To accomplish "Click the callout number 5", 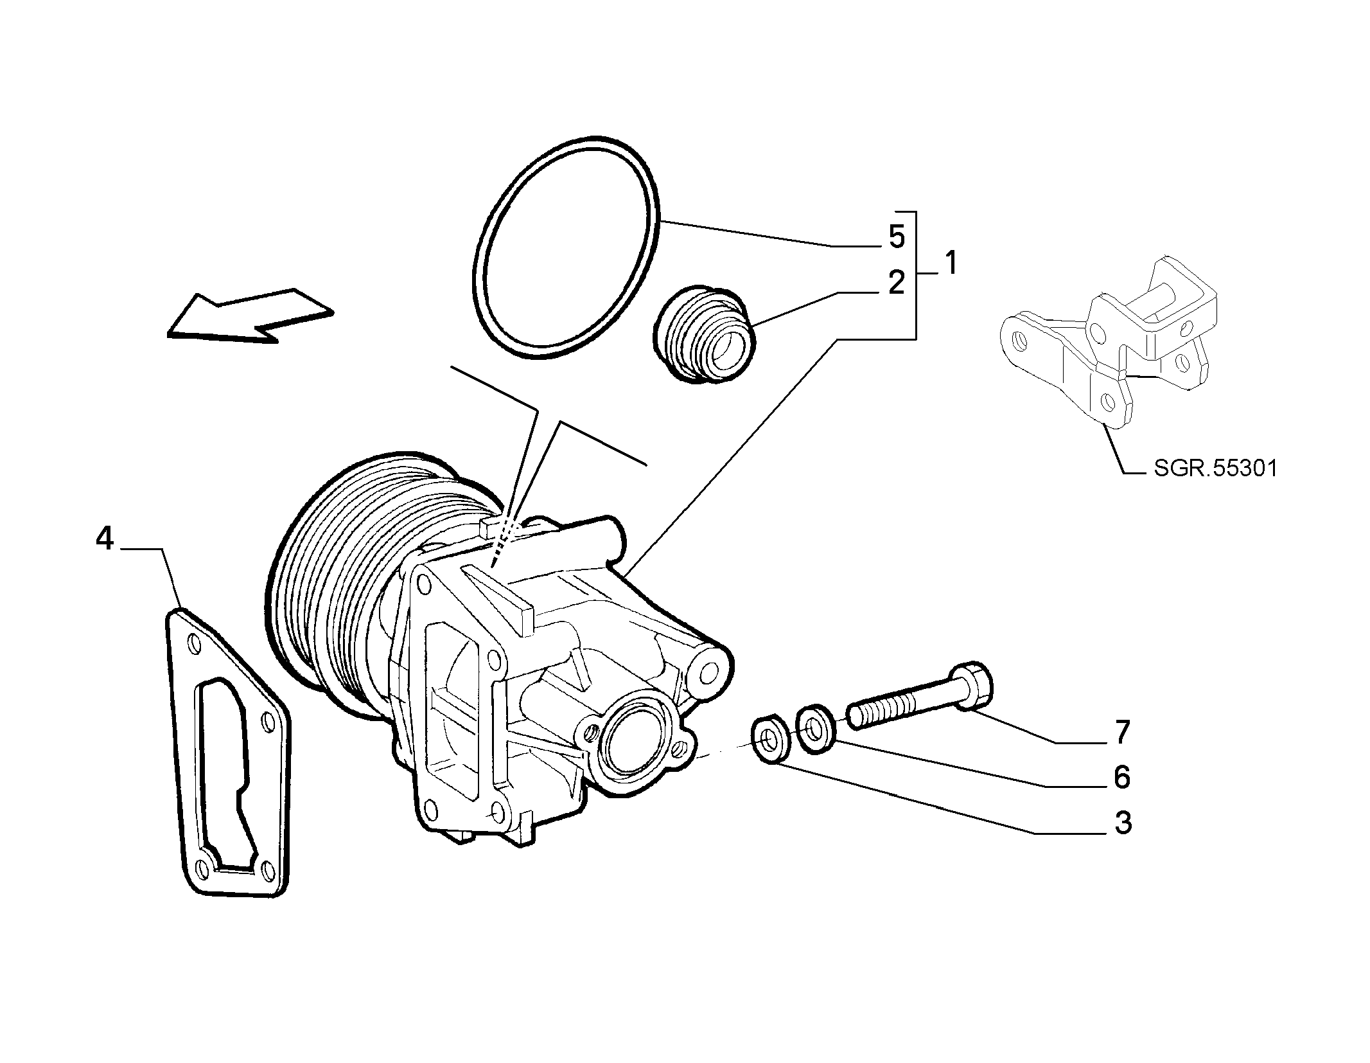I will (897, 237).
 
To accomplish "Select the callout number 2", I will (897, 283).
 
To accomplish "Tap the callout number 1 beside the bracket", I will (951, 264).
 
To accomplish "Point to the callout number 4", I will (105, 539).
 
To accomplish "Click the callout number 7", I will (1122, 733).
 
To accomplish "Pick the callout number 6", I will (1122, 778).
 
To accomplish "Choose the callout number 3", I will (1122, 823).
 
